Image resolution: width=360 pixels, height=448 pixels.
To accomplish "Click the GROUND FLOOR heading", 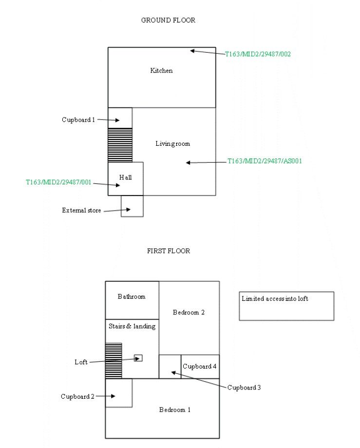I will (x=168, y=20).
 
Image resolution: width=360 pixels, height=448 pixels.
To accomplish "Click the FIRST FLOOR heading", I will (x=169, y=251).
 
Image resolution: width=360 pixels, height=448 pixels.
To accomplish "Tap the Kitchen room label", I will (x=161, y=71).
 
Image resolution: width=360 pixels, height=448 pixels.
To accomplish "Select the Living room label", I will (x=172, y=144).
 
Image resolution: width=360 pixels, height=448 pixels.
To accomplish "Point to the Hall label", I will (x=125, y=177).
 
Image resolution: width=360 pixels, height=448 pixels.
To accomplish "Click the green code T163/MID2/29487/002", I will (x=258, y=54).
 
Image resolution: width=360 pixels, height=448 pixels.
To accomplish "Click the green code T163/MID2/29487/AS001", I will (x=265, y=161).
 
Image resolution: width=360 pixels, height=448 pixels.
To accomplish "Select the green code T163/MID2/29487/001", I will (x=58, y=182).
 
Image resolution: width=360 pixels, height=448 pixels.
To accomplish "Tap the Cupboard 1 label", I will (x=78, y=120).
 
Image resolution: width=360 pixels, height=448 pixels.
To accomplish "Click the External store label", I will (x=81, y=211).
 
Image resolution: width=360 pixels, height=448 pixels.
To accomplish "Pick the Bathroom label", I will (x=132, y=296).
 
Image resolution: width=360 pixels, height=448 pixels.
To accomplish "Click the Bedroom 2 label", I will (x=189, y=312).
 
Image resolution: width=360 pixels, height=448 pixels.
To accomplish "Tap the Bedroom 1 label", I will (x=175, y=410).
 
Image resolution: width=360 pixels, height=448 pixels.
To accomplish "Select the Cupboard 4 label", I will (x=199, y=367).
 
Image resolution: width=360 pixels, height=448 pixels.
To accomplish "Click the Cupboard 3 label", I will (x=244, y=388).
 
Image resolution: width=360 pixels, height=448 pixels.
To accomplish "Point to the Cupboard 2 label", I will (x=77, y=397).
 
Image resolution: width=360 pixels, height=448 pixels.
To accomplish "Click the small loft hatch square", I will (x=138, y=358).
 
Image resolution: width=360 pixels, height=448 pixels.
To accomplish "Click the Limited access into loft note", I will (x=275, y=299).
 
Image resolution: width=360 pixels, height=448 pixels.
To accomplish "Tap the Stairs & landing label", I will (x=132, y=326).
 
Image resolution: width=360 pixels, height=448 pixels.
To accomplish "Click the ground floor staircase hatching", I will (x=120, y=145).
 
